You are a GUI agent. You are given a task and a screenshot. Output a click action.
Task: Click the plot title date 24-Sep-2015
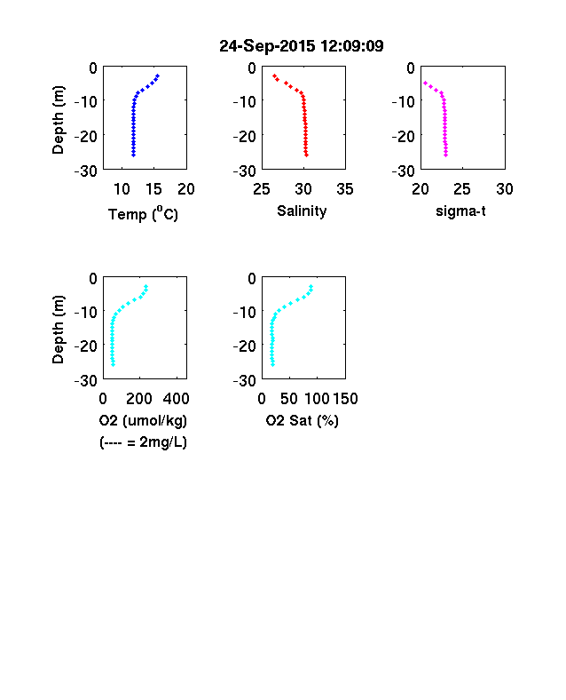(x=267, y=46)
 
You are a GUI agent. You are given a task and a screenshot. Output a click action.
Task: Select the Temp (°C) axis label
(x=143, y=214)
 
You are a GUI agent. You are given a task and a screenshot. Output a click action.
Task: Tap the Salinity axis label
(x=302, y=211)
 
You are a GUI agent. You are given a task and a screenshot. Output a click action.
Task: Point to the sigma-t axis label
(x=460, y=211)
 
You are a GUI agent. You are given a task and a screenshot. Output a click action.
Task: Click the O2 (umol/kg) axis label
(x=143, y=420)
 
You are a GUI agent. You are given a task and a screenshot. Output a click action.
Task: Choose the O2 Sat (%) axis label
(x=303, y=420)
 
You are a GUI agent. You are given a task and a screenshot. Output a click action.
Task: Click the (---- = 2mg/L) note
(x=143, y=442)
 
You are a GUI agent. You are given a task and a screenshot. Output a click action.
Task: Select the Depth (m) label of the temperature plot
(x=58, y=120)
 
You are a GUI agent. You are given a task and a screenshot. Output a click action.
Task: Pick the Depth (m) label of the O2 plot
(x=58, y=330)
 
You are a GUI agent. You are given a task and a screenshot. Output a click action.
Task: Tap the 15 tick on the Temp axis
(x=153, y=189)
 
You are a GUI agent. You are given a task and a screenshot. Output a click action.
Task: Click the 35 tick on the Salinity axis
(x=345, y=189)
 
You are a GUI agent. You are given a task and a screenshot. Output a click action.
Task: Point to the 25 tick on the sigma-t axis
(x=462, y=189)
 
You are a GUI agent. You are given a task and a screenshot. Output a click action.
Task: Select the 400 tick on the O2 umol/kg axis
(x=176, y=399)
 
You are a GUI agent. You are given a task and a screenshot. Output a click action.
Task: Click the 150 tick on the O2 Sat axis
(x=345, y=399)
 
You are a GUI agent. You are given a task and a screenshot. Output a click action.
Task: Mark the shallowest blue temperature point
(x=157, y=76)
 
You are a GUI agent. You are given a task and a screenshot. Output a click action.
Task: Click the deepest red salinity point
(x=307, y=155)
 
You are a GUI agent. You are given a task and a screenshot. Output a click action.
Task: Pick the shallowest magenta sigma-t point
(x=425, y=83)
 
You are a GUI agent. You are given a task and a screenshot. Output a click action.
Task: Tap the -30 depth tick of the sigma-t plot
(x=404, y=171)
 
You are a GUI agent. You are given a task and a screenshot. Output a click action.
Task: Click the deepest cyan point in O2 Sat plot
(x=272, y=365)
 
